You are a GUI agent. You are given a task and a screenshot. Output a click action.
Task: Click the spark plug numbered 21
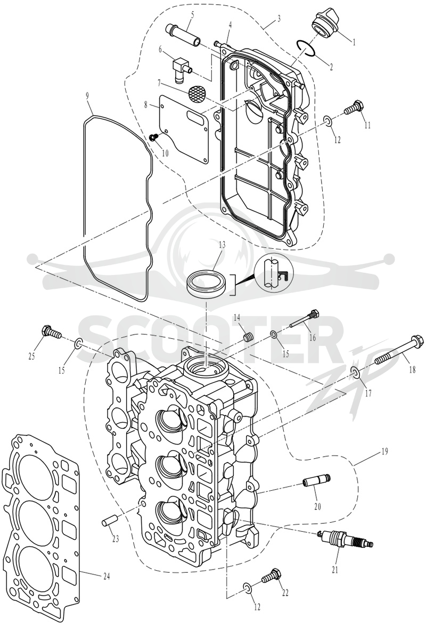click(x=347, y=539)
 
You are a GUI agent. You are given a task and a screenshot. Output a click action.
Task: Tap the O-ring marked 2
click(x=307, y=48)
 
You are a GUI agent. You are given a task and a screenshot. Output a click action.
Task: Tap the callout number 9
click(x=87, y=96)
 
